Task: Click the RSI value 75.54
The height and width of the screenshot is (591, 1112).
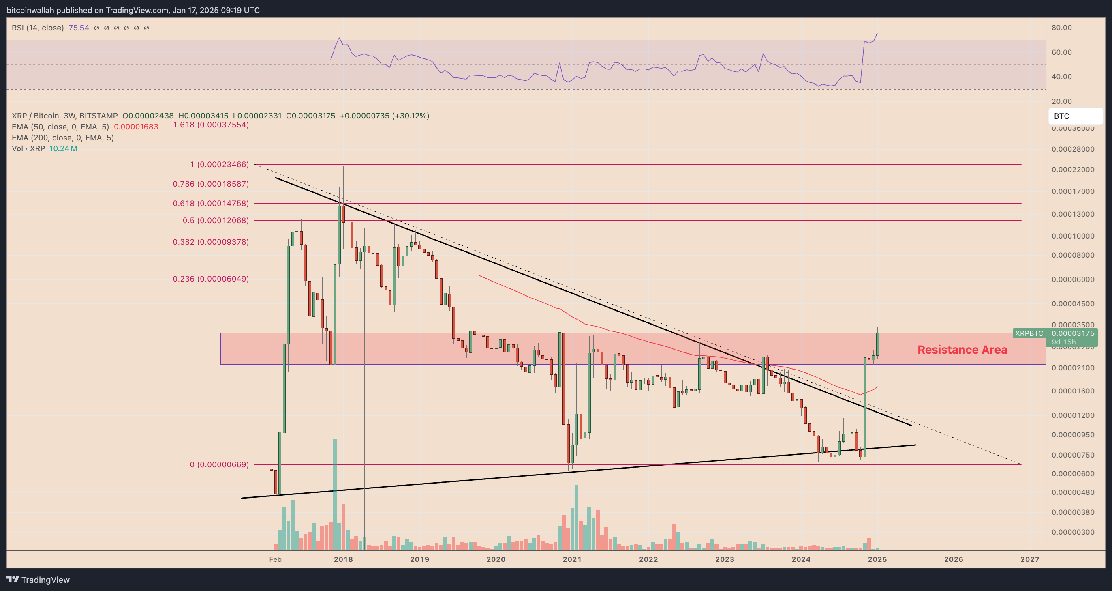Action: [79, 28]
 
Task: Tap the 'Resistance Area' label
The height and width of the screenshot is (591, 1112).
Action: [962, 350]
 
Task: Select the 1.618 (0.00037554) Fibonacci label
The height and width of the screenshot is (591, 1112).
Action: [211, 125]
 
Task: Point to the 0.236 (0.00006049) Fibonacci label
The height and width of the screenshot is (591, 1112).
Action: [211, 279]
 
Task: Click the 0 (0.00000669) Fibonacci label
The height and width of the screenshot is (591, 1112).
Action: [219, 464]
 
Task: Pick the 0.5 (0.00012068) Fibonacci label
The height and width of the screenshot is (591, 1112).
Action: [216, 220]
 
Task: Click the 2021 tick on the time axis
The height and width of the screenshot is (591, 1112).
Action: [572, 559]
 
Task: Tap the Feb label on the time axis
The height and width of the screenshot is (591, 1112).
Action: [275, 559]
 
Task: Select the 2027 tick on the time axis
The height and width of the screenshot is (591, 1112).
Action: [1030, 559]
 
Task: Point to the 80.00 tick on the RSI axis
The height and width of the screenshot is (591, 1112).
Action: [1061, 28]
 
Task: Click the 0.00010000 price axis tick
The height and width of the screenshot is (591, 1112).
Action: [1073, 236]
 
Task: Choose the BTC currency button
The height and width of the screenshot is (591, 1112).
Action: [1075, 116]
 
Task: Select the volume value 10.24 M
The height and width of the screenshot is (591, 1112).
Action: [63, 148]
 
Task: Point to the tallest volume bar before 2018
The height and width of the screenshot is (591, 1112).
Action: [335, 494]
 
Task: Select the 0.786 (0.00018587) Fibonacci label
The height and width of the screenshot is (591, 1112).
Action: [211, 184]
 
